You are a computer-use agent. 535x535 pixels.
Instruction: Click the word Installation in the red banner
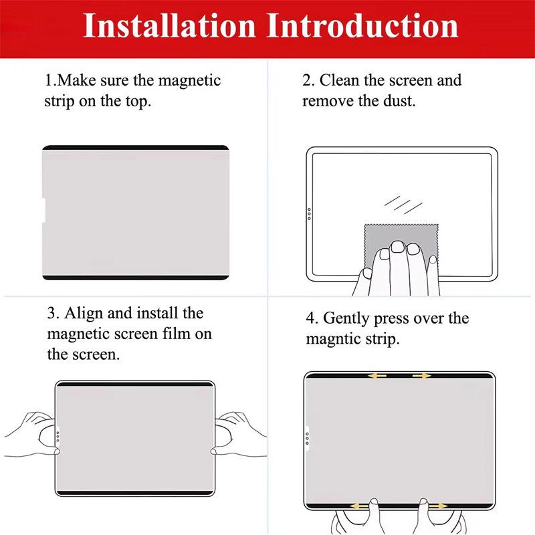pos(169,25)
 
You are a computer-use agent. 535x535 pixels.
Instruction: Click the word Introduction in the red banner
pos(362,25)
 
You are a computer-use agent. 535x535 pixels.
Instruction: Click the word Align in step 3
pos(84,314)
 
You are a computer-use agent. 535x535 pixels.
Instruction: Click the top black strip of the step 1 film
pos(136,148)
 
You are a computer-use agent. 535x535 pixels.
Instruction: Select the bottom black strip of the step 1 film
pos(136,278)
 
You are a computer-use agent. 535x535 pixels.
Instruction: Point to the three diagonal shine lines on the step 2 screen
pos(403,205)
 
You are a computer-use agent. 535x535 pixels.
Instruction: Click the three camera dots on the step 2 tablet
pos(309,214)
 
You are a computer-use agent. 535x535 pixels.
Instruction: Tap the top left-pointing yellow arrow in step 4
pos(377,376)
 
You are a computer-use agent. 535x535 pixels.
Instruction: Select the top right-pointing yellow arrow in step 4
pos(422,376)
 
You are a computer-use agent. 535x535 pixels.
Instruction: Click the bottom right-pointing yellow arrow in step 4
pos(438,506)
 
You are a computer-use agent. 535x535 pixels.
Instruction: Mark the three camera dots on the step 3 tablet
pos(58,437)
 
